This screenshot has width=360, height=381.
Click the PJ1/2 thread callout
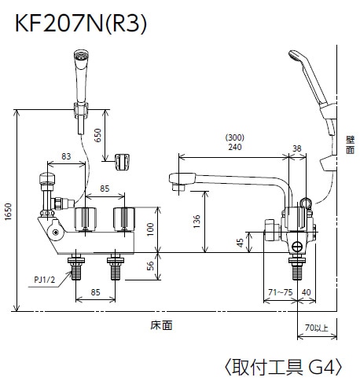coord(44,278)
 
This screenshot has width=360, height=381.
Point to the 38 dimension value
coord(296,146)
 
